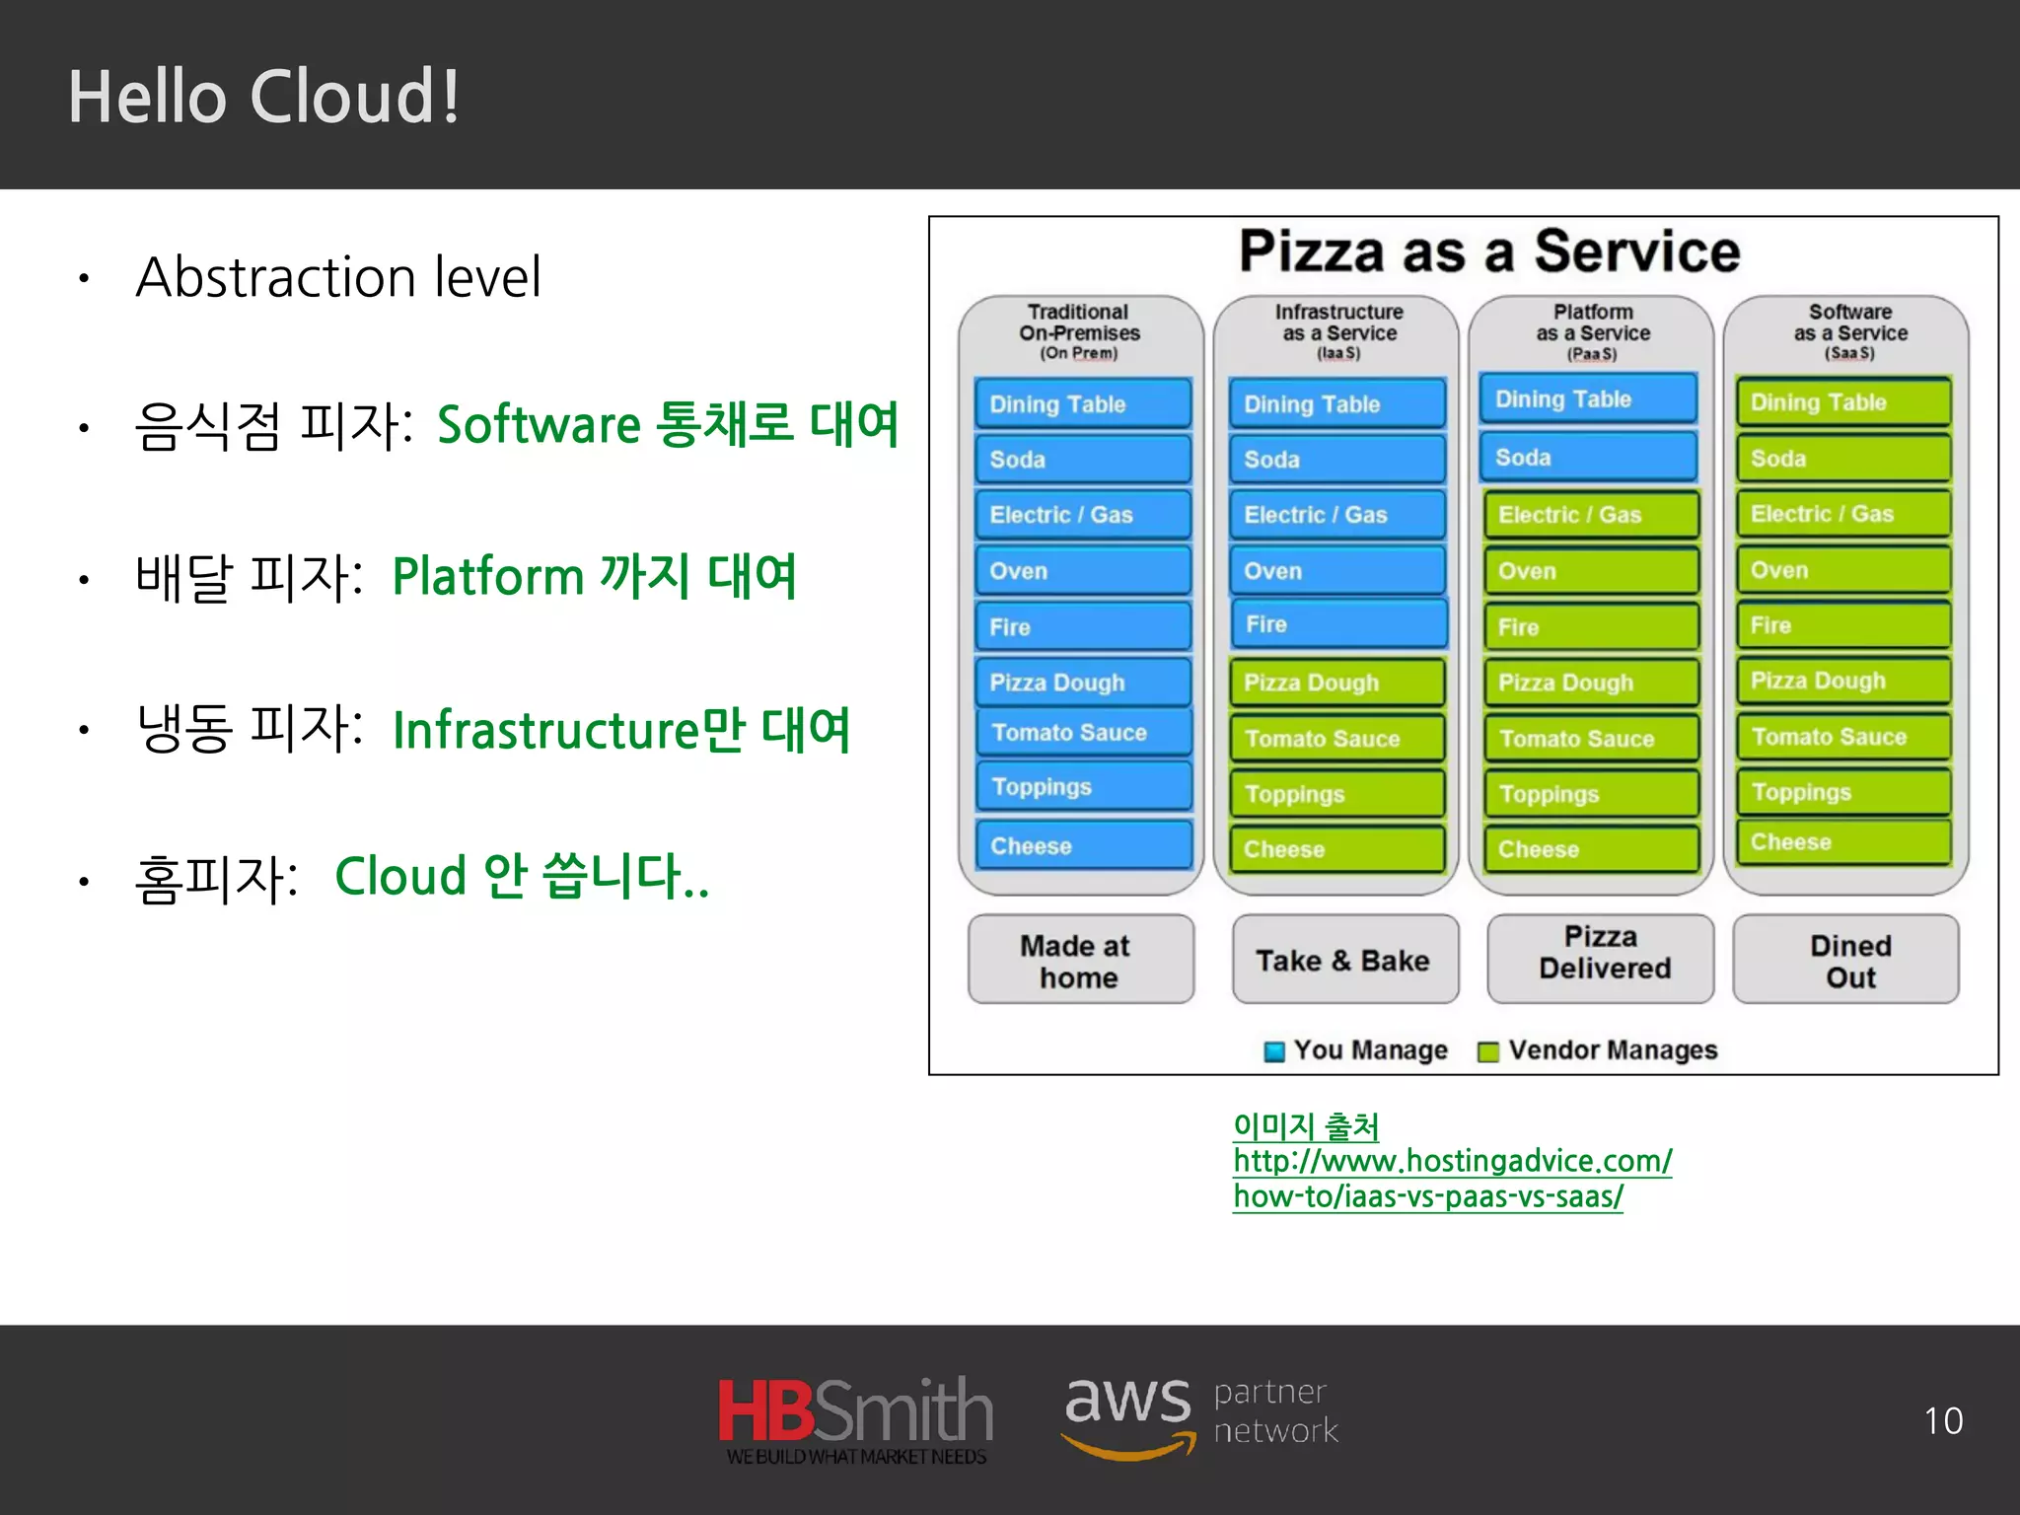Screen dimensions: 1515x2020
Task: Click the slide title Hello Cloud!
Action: (263, 97)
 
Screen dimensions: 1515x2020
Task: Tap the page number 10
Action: (1942, 1421)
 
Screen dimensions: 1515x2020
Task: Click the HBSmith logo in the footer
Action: (855, 1418)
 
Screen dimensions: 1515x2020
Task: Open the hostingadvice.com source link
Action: (1451, 1162)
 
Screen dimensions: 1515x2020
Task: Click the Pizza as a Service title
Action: (1489, 251)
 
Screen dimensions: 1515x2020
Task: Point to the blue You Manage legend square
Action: (1274, 1051)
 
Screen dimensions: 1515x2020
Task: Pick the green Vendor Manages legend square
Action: (1487, 1051)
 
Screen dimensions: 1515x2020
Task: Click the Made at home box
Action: (1080, 960)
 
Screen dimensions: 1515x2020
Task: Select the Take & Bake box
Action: (1343, 960)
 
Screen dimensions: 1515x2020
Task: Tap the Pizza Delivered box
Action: (1602, 954)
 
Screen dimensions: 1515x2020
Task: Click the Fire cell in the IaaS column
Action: (1337, 624)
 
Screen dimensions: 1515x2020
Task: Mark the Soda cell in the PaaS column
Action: (1588, 458)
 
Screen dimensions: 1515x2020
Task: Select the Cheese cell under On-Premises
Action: (1083, 845)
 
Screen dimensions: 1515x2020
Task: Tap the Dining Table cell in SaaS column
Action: (1842, 402)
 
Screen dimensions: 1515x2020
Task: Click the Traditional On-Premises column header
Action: (1080, 330)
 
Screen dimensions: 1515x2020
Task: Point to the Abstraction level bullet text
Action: (338, 277)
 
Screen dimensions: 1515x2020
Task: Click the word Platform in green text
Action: (488, 577)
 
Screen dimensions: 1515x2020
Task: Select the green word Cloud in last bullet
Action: (400, 876)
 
